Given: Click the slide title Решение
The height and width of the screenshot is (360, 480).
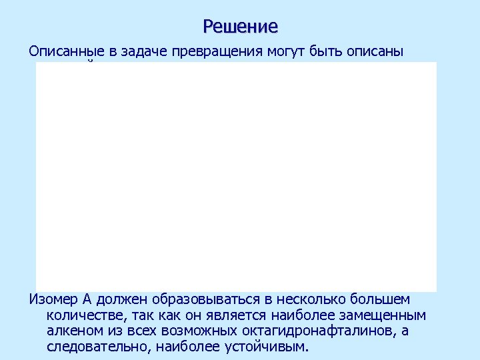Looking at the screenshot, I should (x=240, y=27).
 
